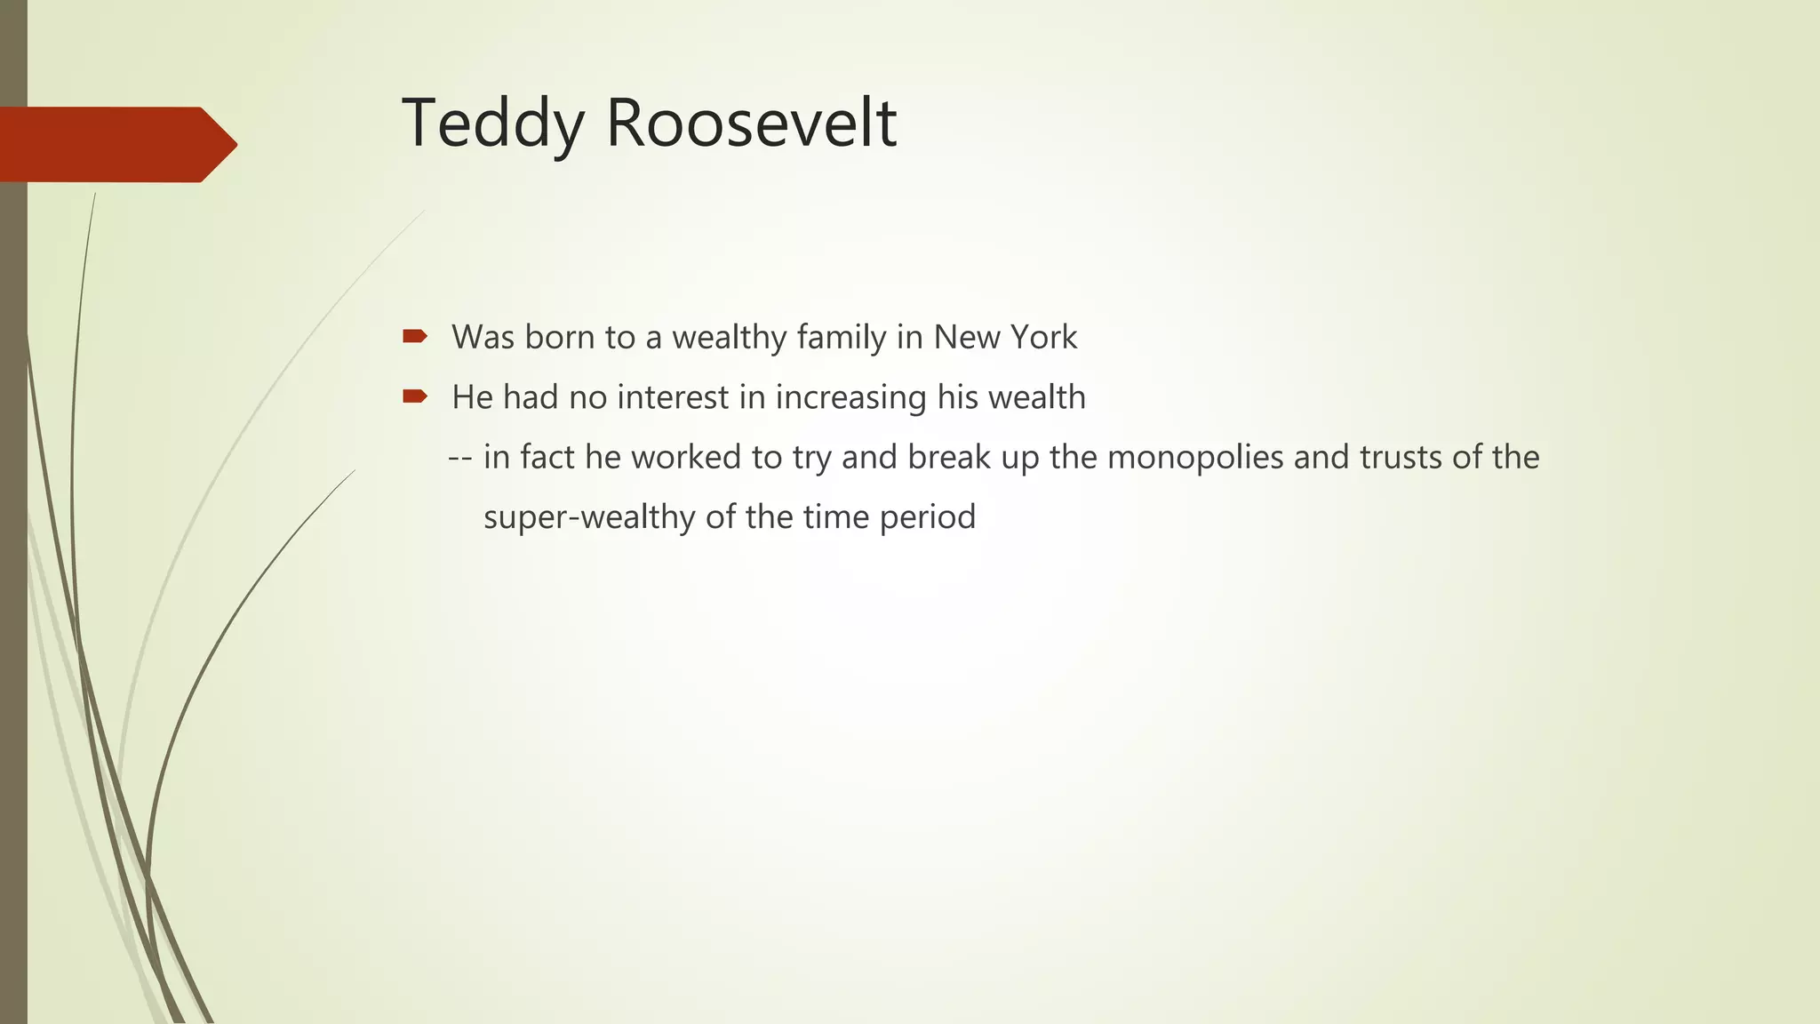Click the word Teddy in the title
click(x=492, y=124)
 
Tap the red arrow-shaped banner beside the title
click(x=116, y=144)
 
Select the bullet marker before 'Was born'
click(x=415, y=336)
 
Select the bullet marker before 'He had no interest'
click(x=415, y=396)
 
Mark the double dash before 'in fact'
click(x=459, y=458)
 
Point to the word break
click(x=949, y=457)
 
